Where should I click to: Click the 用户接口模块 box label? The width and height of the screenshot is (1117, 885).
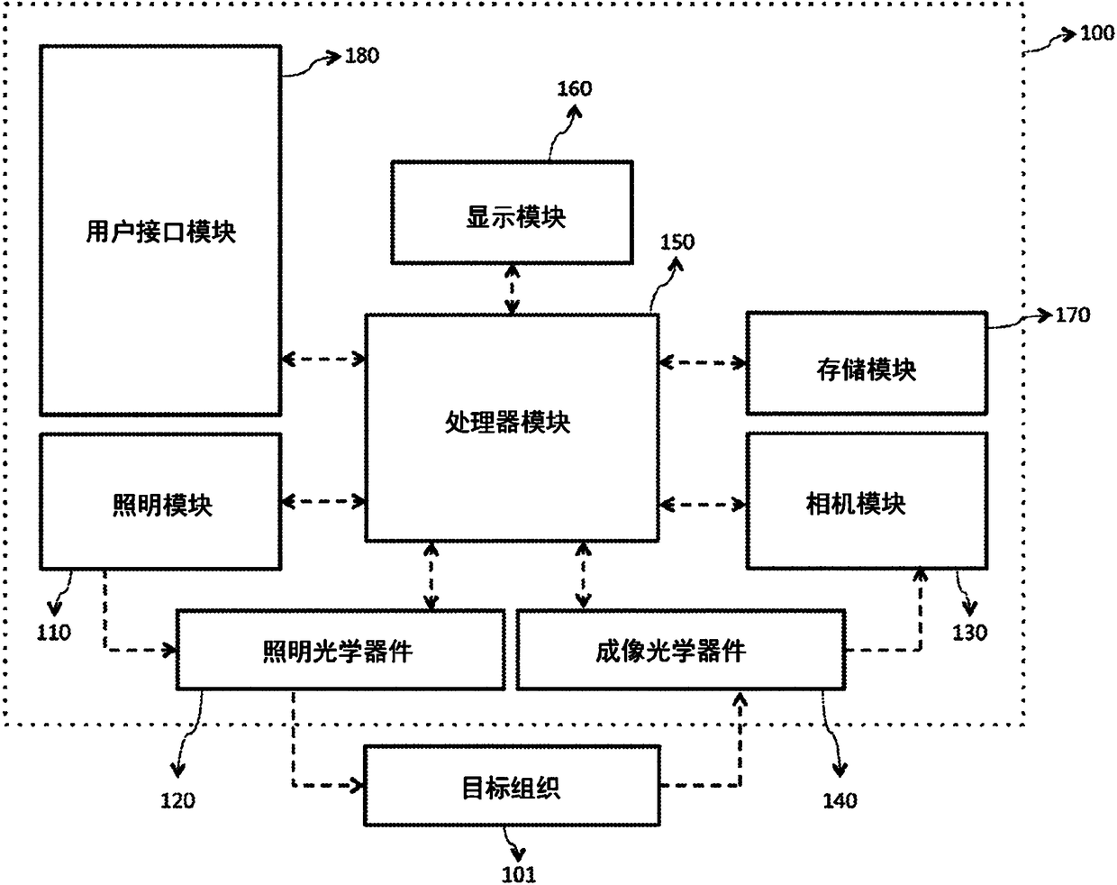pos(160,232)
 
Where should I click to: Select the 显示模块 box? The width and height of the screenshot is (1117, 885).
pos(512,213)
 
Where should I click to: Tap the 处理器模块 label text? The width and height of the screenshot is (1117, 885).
pos(508,422)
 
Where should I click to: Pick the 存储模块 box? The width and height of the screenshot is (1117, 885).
pos(867,363)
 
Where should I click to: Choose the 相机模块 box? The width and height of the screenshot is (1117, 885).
pos(867,501)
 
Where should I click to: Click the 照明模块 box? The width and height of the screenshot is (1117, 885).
pos(161,502)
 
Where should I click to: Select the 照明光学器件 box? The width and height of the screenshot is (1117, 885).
pos(341,651)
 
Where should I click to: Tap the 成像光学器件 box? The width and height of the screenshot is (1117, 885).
pos(681,651)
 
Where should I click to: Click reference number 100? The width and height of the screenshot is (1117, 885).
pos(1097,33)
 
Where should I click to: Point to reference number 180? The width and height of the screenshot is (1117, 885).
pos(362,56)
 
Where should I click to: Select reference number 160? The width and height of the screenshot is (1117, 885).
pos(574,89)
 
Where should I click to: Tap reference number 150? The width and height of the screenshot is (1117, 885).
pos(677,242)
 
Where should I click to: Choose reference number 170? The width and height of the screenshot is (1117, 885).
pos(1073,315)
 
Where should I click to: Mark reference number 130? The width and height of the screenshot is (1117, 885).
pos(969,633)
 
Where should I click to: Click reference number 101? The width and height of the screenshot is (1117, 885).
pos(519,874)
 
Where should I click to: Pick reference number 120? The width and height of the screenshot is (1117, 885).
pos(177,800)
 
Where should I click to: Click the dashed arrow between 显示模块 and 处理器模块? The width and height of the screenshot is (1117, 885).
pos(513,290)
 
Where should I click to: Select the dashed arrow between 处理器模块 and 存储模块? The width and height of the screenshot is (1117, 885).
pos(703,362)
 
